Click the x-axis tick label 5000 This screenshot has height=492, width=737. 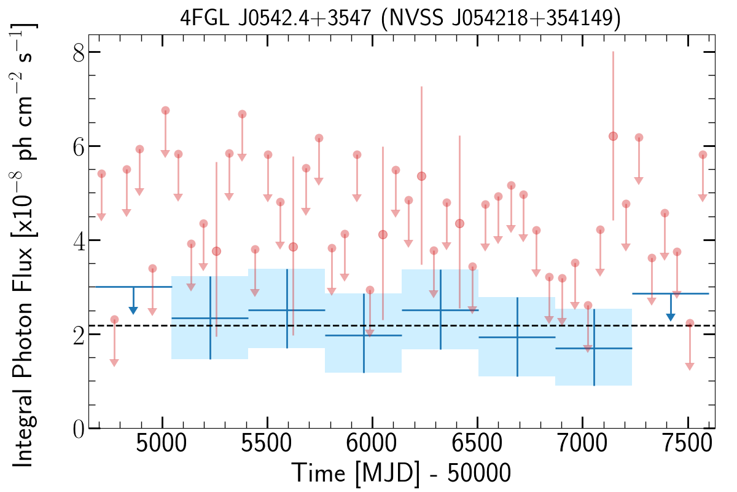click(x=161, y=444)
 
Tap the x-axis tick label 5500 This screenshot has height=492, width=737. click(x=267, y=444)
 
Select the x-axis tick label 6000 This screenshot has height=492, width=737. click(x=372, y=444)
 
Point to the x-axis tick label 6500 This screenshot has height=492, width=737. click(x=477, y=444)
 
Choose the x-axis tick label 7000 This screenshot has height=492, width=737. click(x=582, y=444)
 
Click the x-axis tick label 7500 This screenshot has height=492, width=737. click(x=687, y=444)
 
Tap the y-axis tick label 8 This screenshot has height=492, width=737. click(x=79, y=52)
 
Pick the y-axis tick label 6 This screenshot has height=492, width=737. click(x=79, y=146)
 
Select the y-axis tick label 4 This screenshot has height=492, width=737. click(x=79, y=240)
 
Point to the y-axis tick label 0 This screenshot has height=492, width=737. click(x=79, y=429)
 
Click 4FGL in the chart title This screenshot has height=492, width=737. click(x=205, y=18)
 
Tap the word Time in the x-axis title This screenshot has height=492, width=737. click(x=319, y=473)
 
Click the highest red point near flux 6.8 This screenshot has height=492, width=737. click(x=165, y=111)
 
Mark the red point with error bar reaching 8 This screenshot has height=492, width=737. click(x=613, y=136)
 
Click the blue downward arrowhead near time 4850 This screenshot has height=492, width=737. click(x=133, y=311)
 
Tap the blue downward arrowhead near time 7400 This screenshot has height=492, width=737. click(x=671, y=317)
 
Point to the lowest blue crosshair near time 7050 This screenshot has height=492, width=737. click(x=594, y=348)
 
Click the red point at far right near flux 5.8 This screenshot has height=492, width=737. click(x=703, y=155)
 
